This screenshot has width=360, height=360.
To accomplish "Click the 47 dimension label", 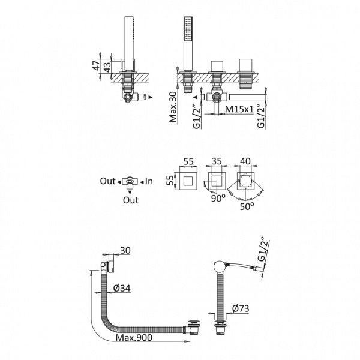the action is pyautogui.click(x=96, y=65).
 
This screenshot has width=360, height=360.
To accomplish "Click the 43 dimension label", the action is pyautogui.click(x=107, y=67).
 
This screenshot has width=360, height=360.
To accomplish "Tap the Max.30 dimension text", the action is pyautogui.click(x=173, y=107).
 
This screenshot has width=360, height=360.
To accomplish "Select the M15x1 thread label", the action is pyautogui.click(x=239, y=109).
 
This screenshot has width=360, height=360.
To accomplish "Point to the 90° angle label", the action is pyautogui.click(x=218, y=199).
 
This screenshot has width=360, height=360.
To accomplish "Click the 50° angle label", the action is pyautogui.click(x=247, y=206).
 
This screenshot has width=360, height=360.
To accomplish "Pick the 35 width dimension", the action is pyautogui.click(x=216, y=161).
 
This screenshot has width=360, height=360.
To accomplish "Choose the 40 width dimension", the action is pyautogui.click(x=245, y=161).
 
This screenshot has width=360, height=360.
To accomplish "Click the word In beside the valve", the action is pyautogui.click(x=149, y=181).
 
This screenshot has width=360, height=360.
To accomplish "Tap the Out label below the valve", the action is pyautogui.click(x=131, y=200).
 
